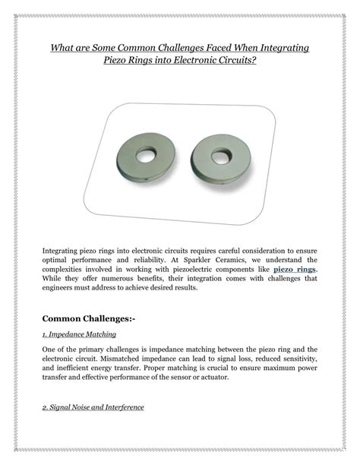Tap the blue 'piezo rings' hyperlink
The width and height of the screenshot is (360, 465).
point(295,269)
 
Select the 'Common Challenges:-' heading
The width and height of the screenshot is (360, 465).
point(87,317)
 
